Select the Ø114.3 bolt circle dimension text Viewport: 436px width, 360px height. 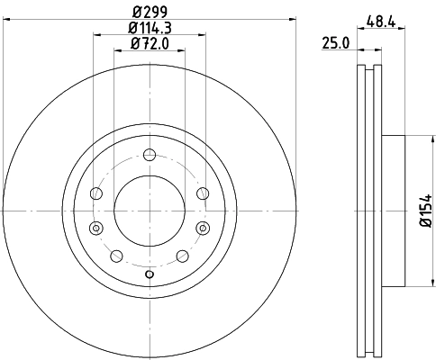(x=150, y=29)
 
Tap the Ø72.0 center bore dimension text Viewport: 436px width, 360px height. (x=150, y=43)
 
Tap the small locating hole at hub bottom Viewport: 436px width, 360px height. (x=150, y=274)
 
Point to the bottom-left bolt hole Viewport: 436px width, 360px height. (x=115, y=256)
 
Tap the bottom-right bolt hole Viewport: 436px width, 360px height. (x=183, y=256)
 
